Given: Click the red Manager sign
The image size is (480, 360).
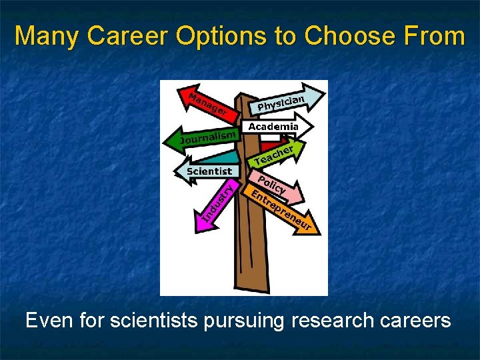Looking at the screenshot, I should [207, 104].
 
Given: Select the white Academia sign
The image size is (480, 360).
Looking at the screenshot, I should [273, 127].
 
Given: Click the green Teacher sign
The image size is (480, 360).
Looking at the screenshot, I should [274, 155].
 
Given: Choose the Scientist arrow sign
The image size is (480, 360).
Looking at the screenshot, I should [207, 171].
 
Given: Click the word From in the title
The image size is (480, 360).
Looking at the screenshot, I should [436, 36].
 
